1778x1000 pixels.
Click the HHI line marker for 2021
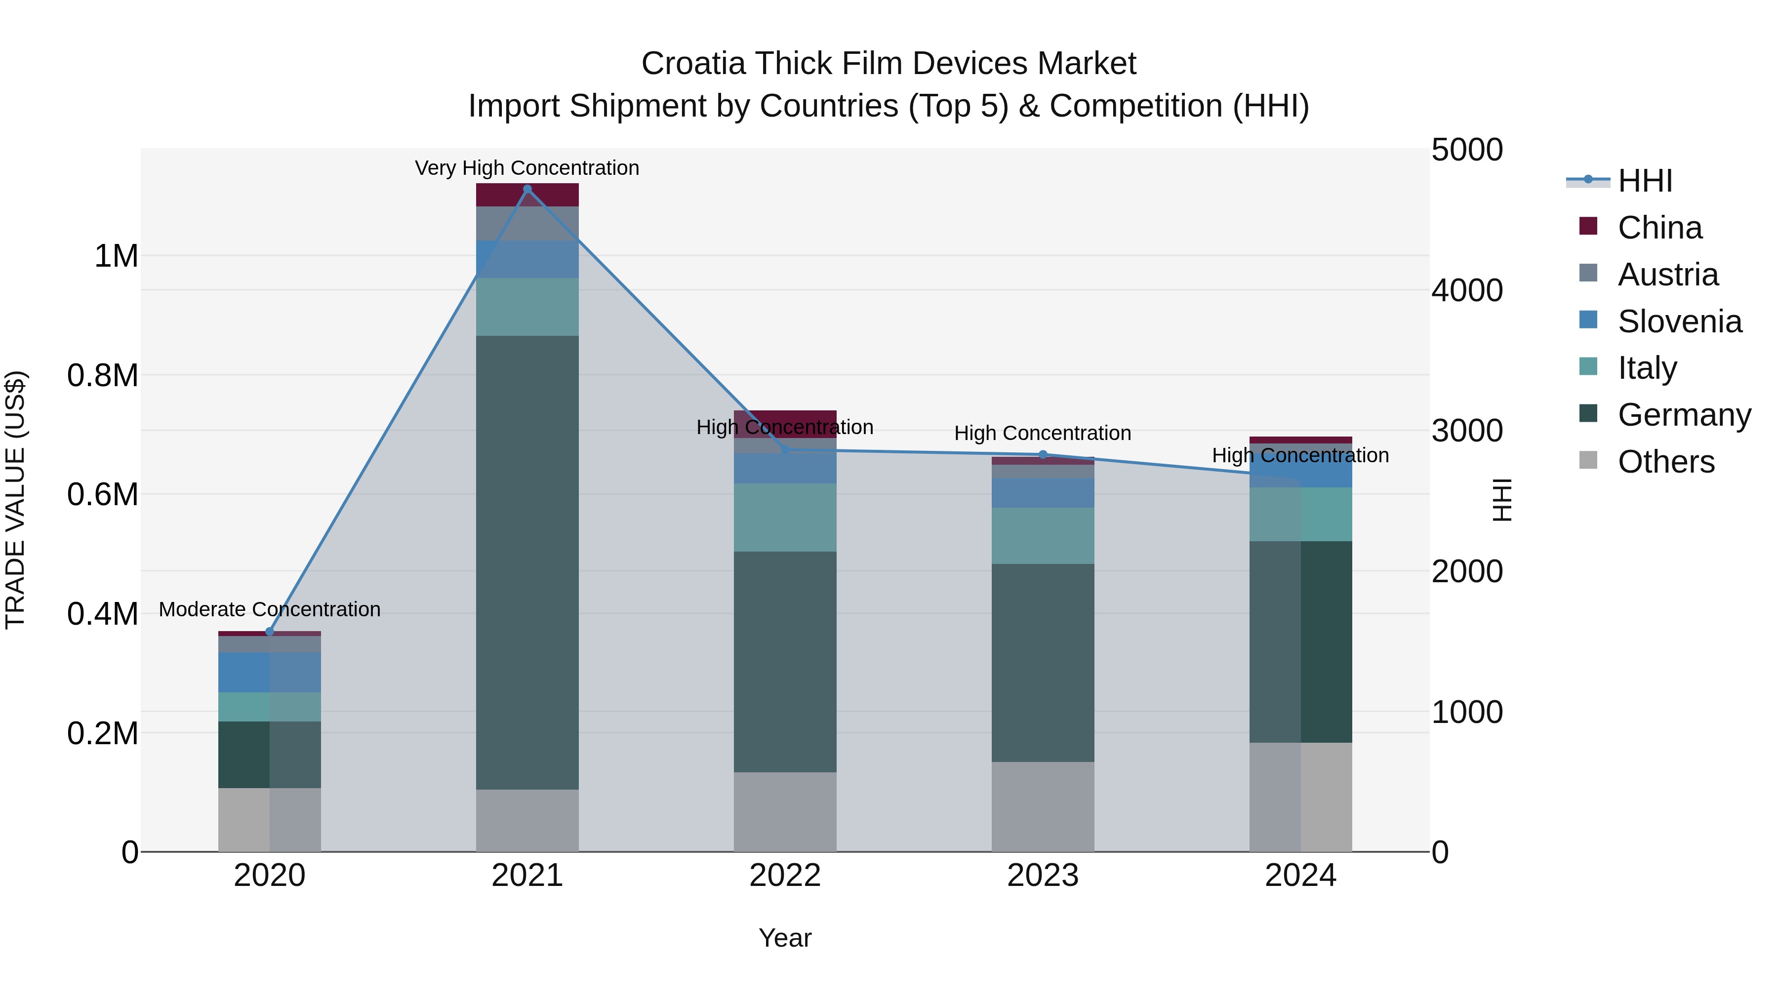[527, 189]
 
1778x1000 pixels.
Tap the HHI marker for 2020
[270, 632]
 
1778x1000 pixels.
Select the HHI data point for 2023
[1043, 455]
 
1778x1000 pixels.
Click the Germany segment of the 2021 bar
[527, 562]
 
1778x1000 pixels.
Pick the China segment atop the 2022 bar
[785, 417]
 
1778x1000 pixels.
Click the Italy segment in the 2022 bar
[785, 518]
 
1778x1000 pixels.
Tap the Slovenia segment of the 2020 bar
[270, 672]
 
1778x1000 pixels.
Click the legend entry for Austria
[1667, 275]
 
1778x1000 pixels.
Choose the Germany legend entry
[1684, 415]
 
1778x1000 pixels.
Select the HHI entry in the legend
[1644, 181]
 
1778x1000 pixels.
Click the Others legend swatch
[1588, 460]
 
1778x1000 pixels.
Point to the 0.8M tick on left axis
[103, 375]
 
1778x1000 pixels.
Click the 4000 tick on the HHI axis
[1467, 290]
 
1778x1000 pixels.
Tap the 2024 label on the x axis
[1300, 876]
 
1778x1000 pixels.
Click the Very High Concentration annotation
[527, 168]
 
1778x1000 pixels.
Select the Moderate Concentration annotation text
[270, 609]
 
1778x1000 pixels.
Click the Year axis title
[785, 938]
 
